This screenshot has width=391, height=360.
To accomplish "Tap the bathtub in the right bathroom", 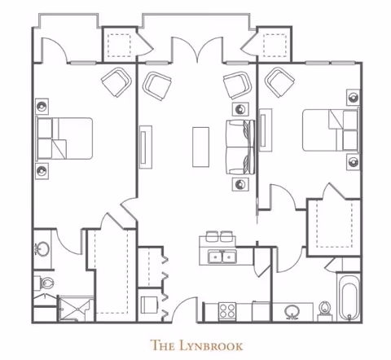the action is point(349,298).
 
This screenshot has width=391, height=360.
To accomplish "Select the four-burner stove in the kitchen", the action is point(227,311).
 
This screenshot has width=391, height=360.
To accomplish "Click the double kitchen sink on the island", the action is point(222,257).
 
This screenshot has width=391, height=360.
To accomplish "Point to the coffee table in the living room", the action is point(200,147).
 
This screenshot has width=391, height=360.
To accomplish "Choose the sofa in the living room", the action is point(240,147).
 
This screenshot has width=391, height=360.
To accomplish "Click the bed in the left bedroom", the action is point(64,138).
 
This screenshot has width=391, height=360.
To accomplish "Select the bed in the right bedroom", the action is point(331,130).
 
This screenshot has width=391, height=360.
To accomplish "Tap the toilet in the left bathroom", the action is point(44,283).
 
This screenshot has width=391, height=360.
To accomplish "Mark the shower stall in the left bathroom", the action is point(76,309).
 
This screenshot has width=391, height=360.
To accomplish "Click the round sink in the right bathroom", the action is point(292,312).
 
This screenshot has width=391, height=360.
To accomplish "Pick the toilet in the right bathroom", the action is point(324,312).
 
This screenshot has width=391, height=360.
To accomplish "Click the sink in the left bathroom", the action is point(42,249).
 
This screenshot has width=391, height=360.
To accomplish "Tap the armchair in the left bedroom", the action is point(116,81).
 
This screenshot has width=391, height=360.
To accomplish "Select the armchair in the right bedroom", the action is point(279,82).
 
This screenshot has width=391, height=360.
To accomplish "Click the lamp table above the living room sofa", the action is point(240,109).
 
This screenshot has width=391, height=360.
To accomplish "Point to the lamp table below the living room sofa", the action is point(240,184).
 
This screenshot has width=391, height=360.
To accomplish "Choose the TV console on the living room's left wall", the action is point(146,147).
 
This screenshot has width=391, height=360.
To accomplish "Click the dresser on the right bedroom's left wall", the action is point(266,130).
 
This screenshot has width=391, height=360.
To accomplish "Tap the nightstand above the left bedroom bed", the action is point(42,107).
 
